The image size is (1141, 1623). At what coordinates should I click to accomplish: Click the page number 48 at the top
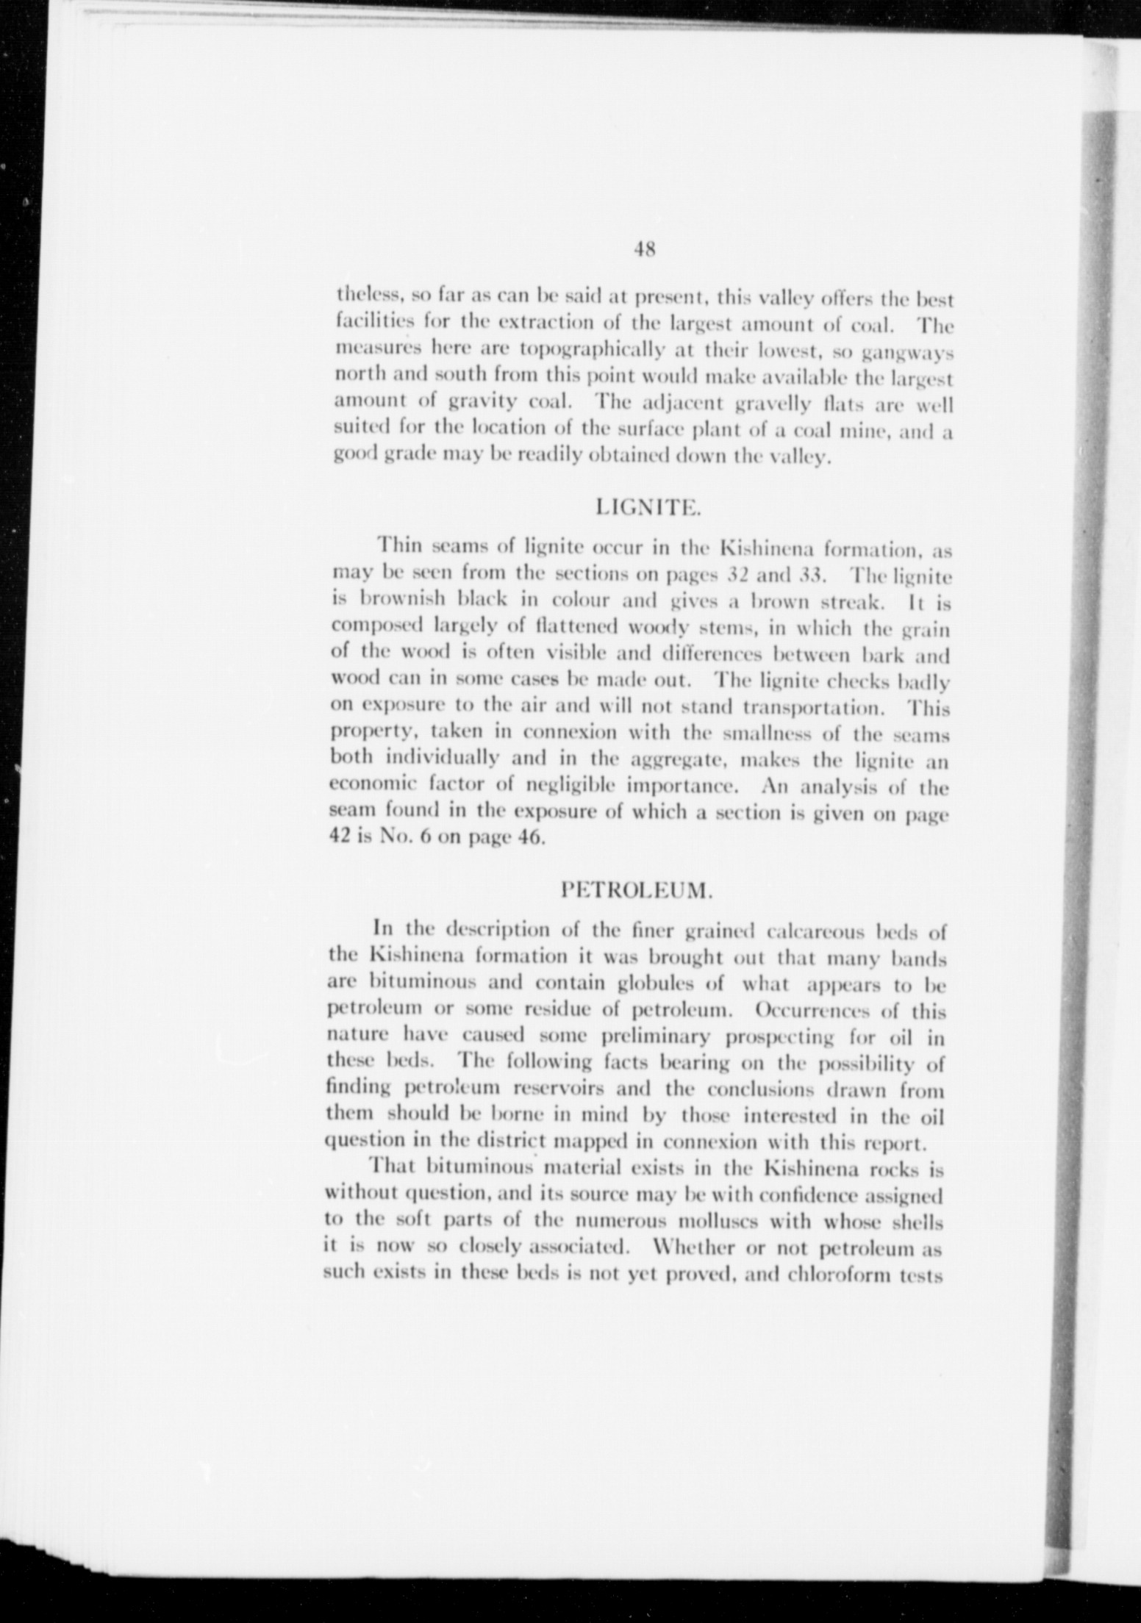click(x=644, y=249)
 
